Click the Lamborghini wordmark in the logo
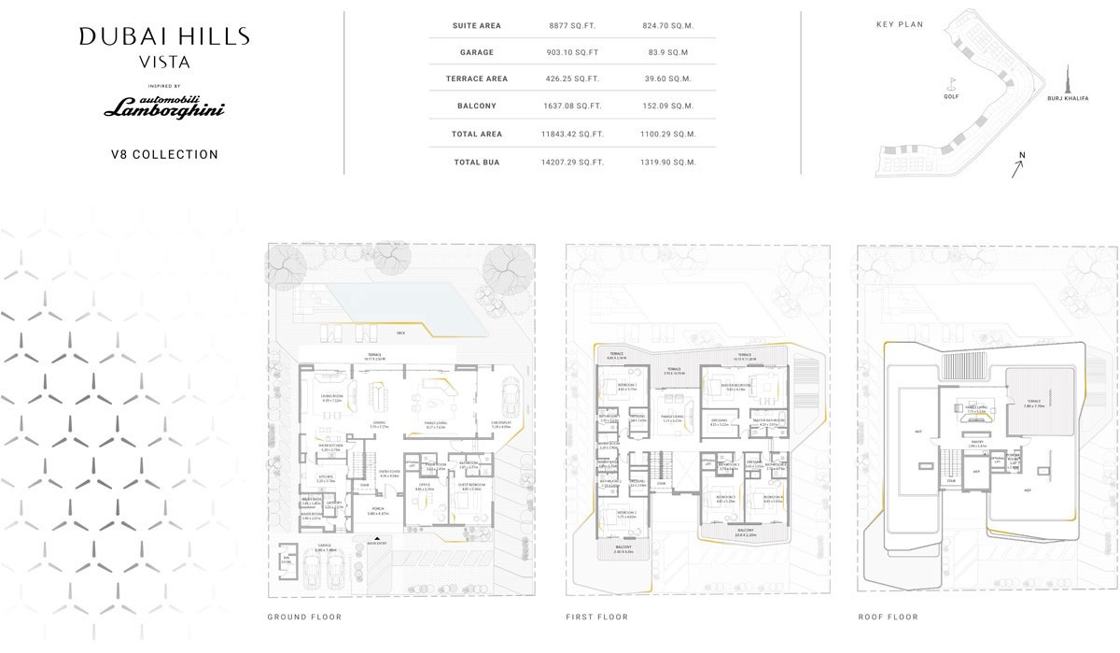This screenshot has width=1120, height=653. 164,110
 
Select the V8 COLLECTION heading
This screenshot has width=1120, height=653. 164,154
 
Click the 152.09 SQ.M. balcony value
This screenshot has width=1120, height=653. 670,106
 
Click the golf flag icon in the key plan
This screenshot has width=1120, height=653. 951,82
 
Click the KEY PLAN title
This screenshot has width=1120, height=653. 899,24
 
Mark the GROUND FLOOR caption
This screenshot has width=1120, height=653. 304,617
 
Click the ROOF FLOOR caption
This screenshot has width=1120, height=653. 888,617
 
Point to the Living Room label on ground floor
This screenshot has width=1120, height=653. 332,397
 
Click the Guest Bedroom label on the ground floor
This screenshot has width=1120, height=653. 471,486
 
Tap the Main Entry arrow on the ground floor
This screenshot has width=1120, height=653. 377,539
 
